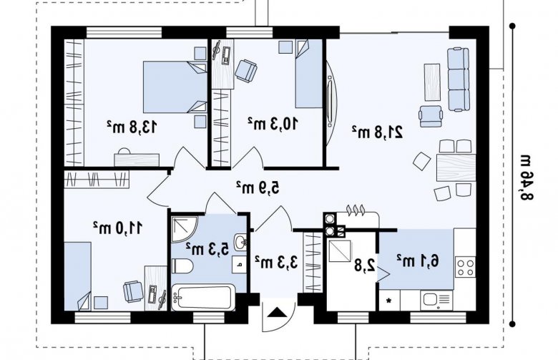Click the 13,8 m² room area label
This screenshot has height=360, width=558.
tap(132, 126)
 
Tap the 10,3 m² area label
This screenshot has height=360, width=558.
tap(273, 123)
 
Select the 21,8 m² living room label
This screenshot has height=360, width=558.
tap(378, 132)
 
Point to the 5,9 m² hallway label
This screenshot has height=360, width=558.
tap(258, 188)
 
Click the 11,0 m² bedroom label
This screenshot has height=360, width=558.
tap(118, 228)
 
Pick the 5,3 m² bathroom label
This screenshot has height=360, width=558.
tap(207, 249)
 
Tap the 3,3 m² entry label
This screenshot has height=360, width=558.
tap(277, 263)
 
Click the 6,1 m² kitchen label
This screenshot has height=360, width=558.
tap(418, 261)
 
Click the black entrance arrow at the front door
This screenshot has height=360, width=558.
tap(277, 312)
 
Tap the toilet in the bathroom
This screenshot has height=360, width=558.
tap(182, 266)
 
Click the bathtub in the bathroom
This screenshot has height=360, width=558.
tap(203, 297)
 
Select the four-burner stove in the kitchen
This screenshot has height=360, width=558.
tap(466, 267)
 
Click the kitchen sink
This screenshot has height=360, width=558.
tap(436, 300)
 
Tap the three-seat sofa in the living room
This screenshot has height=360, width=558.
tap(458, 79)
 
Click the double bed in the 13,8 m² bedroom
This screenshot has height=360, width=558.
tap(175, 87)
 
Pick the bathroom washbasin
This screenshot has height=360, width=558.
tap(241, 243)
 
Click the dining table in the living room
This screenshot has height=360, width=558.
tap(456, 167)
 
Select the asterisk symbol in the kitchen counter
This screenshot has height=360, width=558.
tap(389, 301)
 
